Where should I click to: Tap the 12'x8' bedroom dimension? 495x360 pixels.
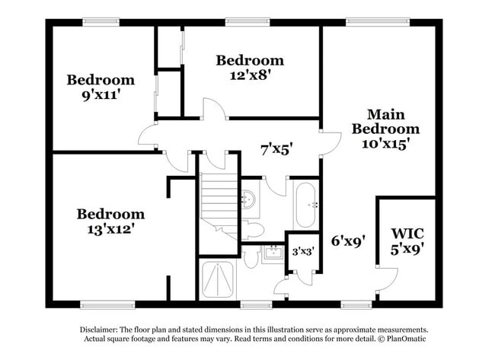(x=249, y=75)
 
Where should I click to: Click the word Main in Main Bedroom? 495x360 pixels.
(x=385, y=114)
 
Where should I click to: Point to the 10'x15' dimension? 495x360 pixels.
(x=385, y=143)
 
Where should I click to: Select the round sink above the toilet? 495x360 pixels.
(x=247, y=200)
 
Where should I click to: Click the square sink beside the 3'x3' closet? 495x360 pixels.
(x=272, y=253)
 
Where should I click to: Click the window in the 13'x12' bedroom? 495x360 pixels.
(x=103, y=304)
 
